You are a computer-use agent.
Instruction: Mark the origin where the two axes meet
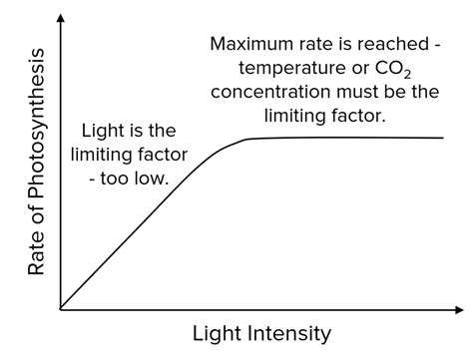[61, 309]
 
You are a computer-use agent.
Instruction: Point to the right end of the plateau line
[443, 138]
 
